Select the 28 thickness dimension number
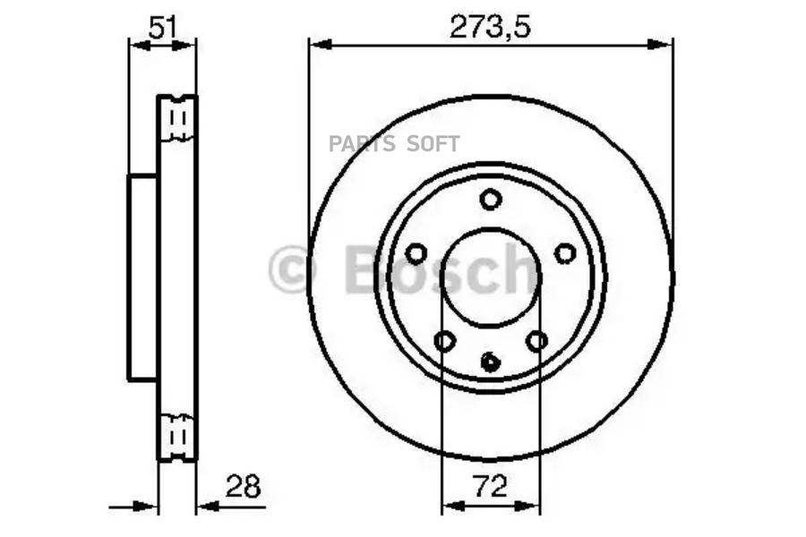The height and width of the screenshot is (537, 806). pos(243,486)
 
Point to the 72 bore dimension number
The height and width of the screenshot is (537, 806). pos(490,486)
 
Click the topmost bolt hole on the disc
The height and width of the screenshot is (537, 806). pos(491,200)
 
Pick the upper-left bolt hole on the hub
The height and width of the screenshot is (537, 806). pos(416,253)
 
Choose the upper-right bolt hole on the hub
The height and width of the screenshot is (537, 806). pos(565,253)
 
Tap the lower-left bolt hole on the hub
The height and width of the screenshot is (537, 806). pos(444,340)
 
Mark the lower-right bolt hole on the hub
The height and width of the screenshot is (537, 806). pos(537,340)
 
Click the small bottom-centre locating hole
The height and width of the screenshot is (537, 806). pos(491,362)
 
